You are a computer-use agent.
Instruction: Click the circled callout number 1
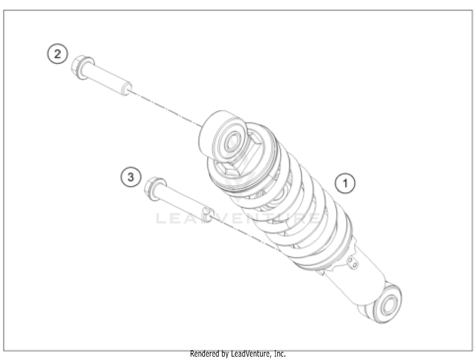click(x=345, y=183)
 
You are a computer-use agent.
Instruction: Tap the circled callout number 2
click(x=57, y=54)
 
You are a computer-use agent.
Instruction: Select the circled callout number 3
click(x=131, y=177)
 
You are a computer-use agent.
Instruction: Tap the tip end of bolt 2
click(x=128, y=89)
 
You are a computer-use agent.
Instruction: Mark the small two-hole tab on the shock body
click(x=352, y=263)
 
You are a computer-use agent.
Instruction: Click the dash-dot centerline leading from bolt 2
click(x=165, y=108)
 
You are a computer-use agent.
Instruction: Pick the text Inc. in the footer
click(x=280, y=354)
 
